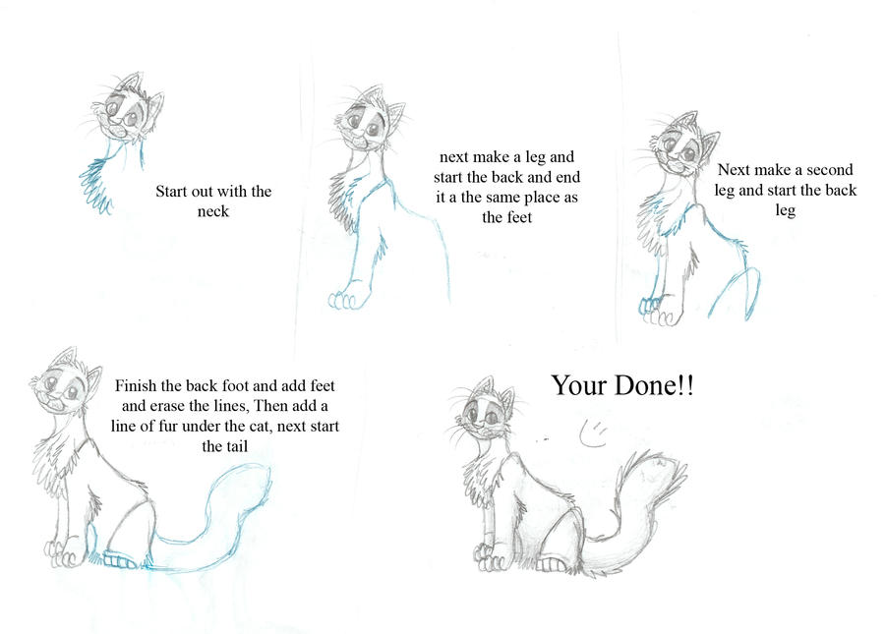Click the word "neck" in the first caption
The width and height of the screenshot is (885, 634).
212,211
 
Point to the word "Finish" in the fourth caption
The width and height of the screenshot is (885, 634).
136,386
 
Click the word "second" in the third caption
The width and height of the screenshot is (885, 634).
829,170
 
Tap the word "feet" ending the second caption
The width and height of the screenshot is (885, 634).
517,217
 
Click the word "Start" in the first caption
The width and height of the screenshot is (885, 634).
173,192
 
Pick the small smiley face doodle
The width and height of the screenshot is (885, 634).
593,433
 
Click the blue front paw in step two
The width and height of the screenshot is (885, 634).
344,300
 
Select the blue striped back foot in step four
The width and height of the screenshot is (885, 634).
120,560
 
